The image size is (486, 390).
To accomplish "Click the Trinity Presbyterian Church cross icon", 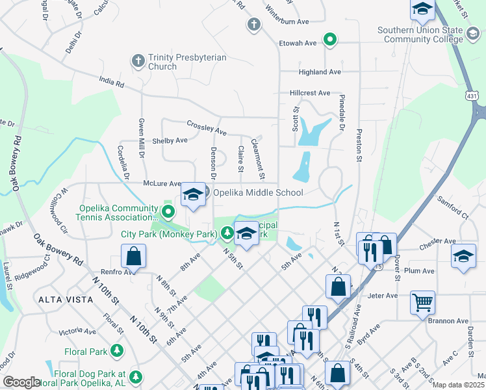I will [x=137, y=60].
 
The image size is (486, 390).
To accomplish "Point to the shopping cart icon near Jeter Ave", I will [x=422, y=302].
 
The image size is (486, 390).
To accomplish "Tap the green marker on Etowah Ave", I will [x=330, y=40].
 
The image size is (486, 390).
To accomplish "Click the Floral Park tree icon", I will [x=117, y=352].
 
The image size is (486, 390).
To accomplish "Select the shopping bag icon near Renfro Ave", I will [x=133, y=256].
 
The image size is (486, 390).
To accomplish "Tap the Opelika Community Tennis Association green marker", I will [x=169, y=211].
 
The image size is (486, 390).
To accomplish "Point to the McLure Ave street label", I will [x=161, y=184].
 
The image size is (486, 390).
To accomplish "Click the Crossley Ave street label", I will [x=206, y=127].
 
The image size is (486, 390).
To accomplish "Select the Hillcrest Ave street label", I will [x=310, y=93].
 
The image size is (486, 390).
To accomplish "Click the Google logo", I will [x=21, y=382].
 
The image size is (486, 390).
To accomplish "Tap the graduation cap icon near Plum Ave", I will [x=463, y=255].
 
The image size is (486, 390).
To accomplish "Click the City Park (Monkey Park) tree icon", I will [x=226, y=232].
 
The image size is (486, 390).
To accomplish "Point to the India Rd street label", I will [x=111, y=83].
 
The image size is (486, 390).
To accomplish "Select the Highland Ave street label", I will [x=320, y=71].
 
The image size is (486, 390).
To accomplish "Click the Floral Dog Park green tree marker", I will [x=135, y=376].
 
